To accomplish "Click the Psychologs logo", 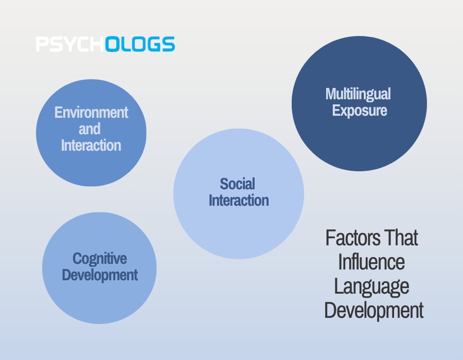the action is coord(105,44).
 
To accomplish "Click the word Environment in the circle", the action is coord(91,113).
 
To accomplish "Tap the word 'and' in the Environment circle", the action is coord(90,129).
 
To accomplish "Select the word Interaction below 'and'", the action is coord(91,146).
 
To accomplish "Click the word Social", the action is coord(237,184).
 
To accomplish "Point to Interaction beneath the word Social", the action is coord(239,201).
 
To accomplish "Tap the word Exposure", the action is coord(360,111).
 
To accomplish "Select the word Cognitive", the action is coord(100,259).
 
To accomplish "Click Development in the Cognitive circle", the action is coord(100,275).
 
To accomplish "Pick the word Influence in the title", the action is coord(371,262).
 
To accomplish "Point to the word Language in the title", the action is coord(371,287).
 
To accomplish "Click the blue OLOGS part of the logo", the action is coord(140,44).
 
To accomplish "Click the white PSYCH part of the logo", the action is coord(70,44).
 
